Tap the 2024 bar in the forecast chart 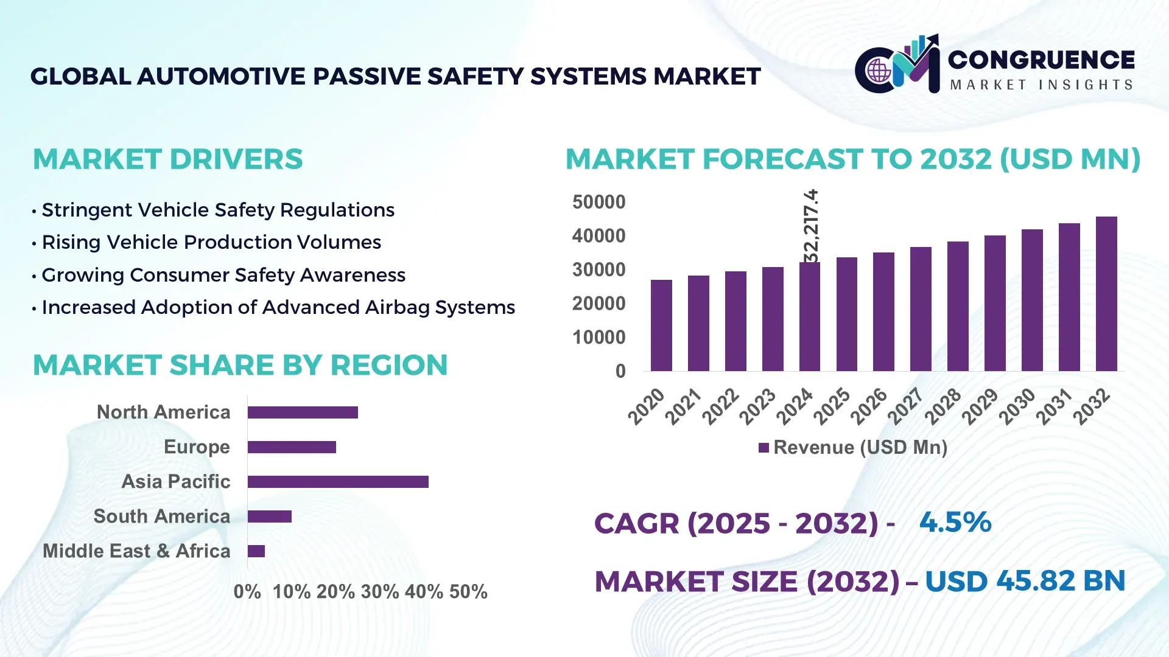[x=809, y=317]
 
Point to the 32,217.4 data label [x=811, y=226]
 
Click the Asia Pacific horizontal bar [x=338, y=482]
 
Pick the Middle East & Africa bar [x=256, y=551]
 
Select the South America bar [x=270, y=516]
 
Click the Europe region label [x=197, y=447]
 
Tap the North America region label [x=163, y=412]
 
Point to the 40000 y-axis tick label [x=599, y=236]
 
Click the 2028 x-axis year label [x=943, y=406]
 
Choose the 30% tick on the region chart [x=380, y=592]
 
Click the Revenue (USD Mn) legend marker [x=764, y=448]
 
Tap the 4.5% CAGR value [x=955, y=522]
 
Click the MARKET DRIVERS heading [x=168, y=159]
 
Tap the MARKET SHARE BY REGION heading [x=240, y=365]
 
